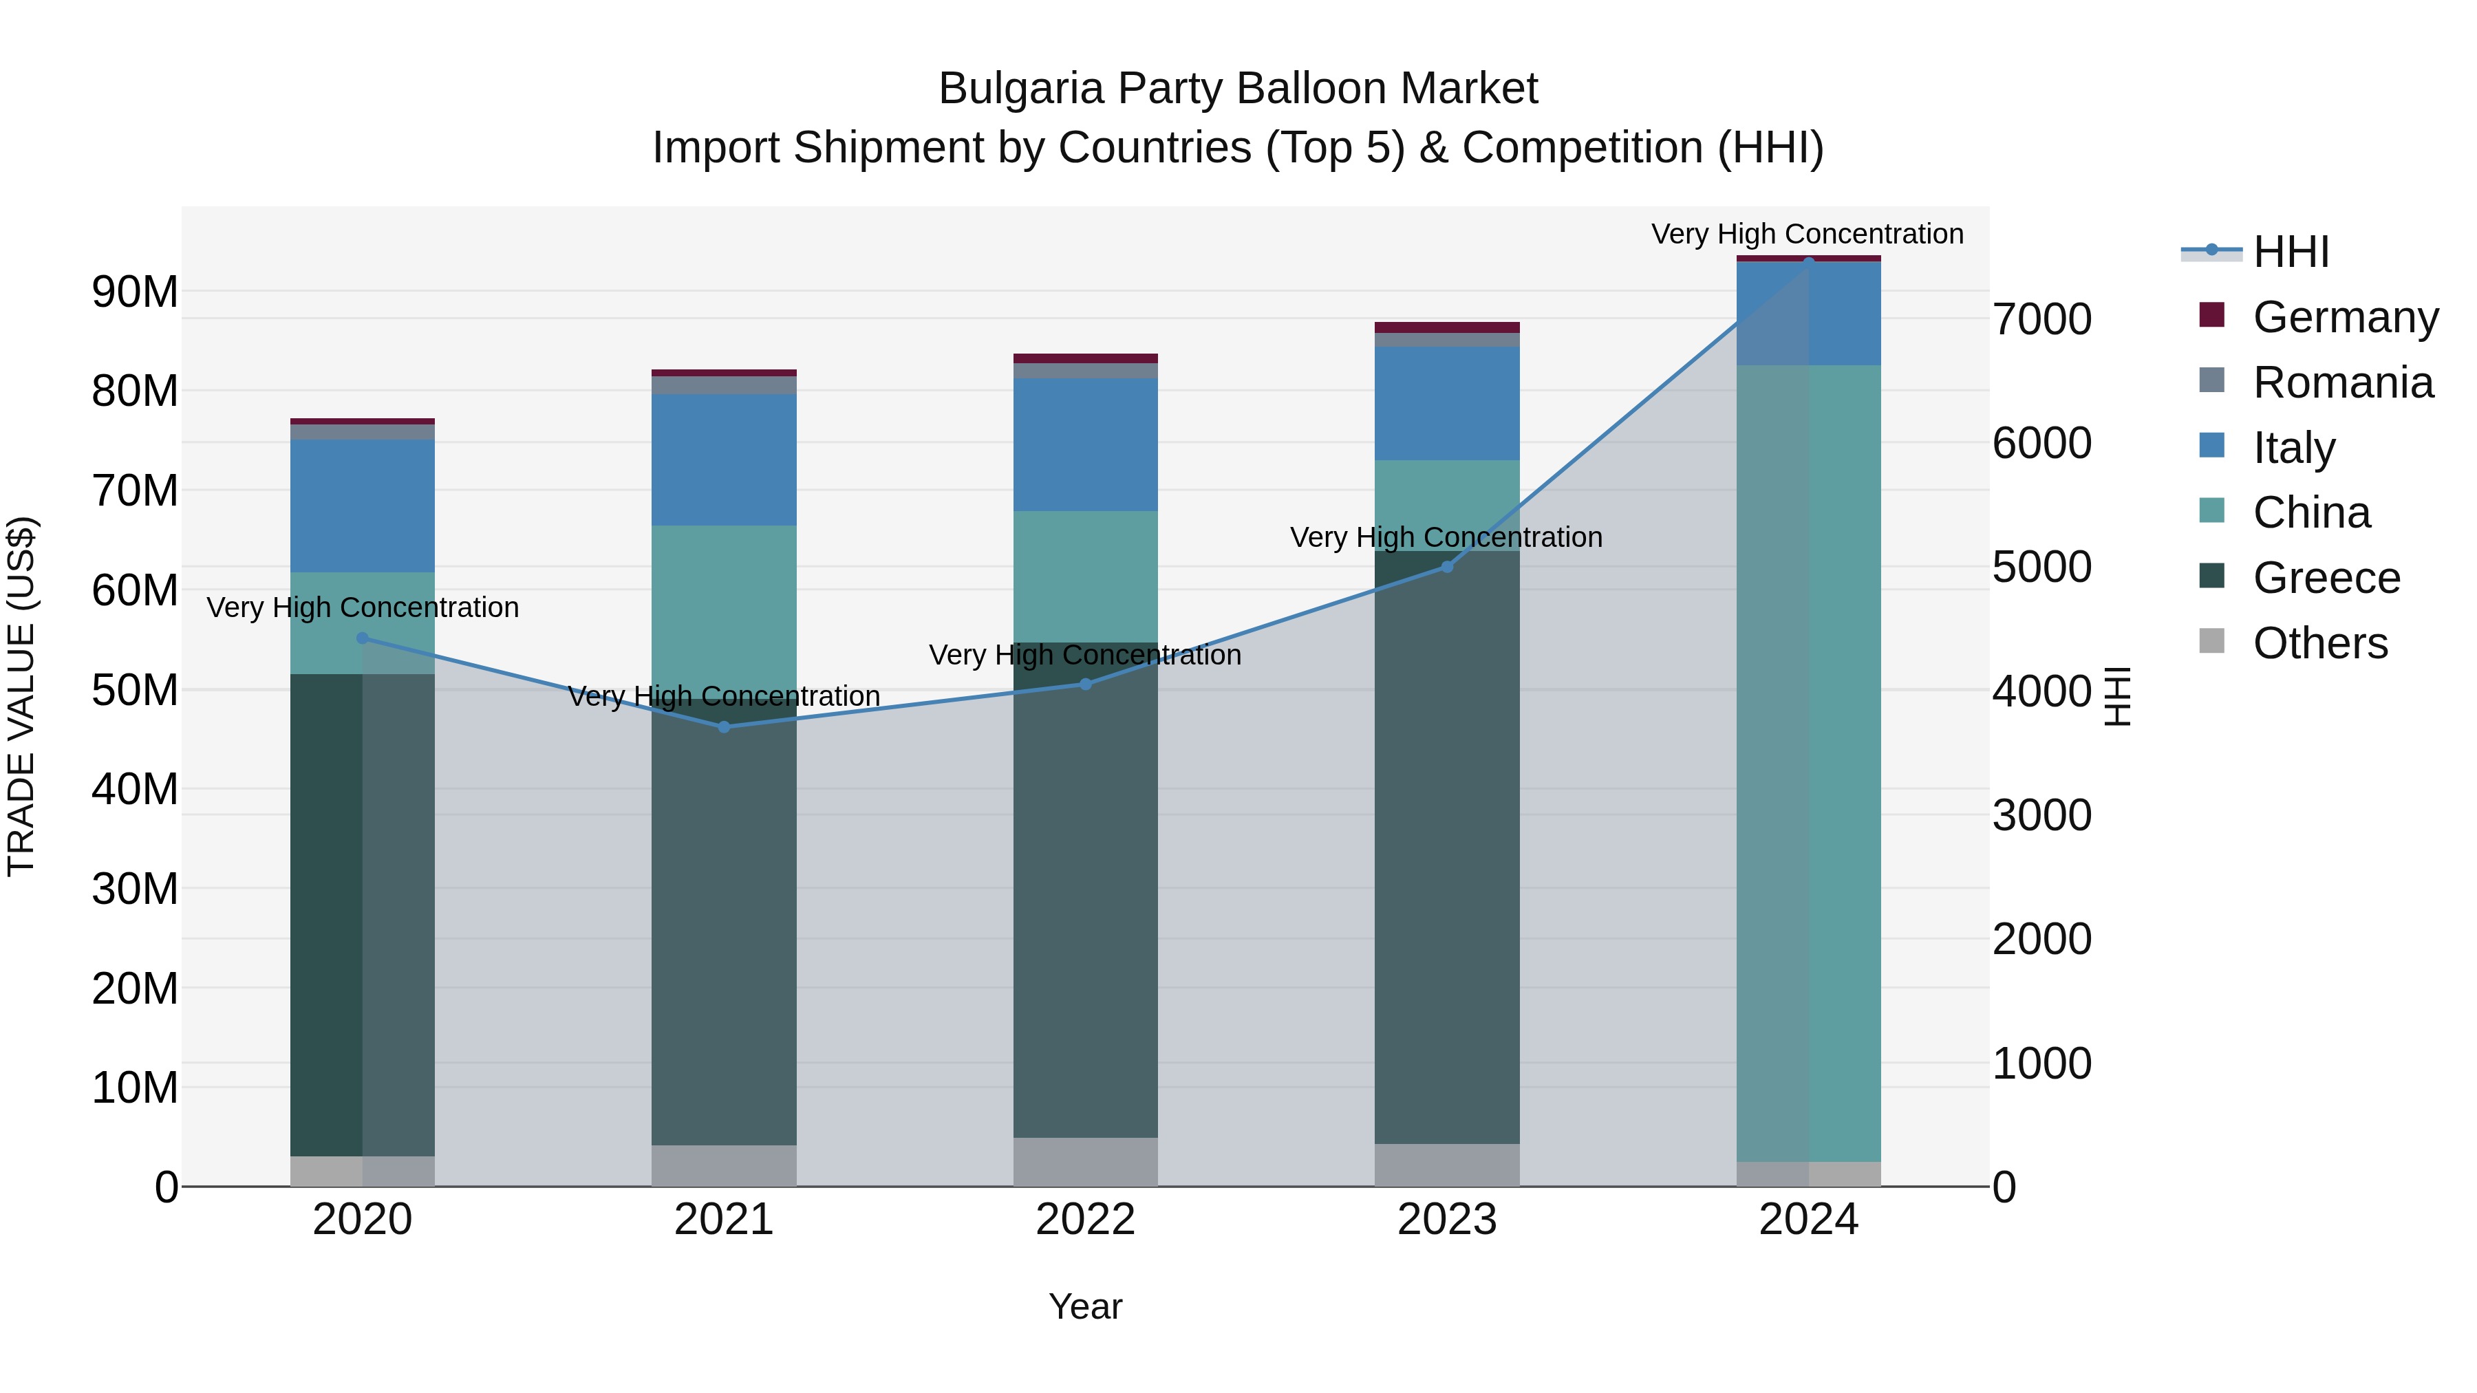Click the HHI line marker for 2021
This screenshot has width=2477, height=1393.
724,727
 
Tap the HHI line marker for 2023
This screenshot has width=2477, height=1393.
1446,568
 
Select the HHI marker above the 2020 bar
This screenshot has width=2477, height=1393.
363,638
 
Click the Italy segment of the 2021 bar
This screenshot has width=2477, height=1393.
724,460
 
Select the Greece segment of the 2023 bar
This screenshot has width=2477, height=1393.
1446,846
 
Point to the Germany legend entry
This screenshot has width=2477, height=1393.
2344,317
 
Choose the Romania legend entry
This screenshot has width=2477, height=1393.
2342,382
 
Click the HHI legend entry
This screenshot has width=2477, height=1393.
2291,252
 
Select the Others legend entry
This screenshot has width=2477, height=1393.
2319,643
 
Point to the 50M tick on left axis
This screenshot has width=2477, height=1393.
135,690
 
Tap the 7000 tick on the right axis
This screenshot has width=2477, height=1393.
2041,319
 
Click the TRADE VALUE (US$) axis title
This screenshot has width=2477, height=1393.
21,696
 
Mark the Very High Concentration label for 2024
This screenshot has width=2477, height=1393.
1807,234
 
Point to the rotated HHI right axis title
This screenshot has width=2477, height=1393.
2117,696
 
